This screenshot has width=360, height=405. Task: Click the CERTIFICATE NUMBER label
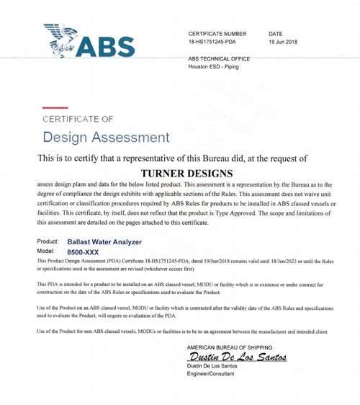pos(217,34)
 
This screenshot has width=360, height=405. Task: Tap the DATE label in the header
pos(275,34)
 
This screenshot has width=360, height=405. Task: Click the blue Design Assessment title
pos(107,137)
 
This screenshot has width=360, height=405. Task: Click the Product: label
pos(48,244)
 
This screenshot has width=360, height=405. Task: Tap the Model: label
pos(45,252)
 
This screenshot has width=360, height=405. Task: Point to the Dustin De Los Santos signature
pos(237,357)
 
